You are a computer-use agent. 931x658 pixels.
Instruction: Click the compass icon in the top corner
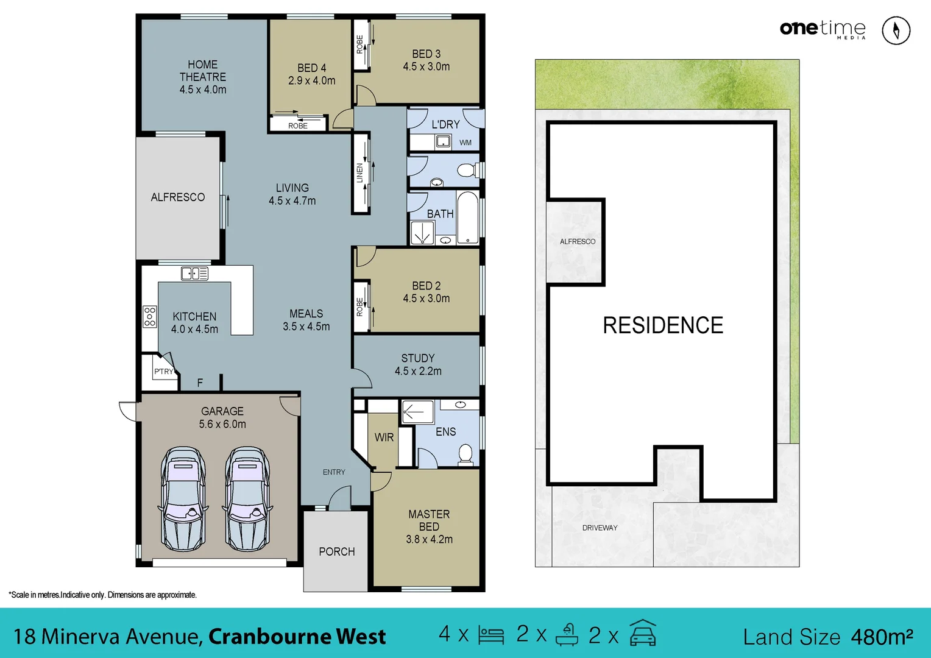(x=896, y=30)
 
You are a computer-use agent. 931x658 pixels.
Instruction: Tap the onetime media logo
(x=823, y=29)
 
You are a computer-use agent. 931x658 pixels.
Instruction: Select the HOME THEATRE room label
(x=203, y=77)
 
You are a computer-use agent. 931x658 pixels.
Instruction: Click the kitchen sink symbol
(x=194, y=274)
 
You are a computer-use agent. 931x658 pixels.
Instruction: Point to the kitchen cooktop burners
(x=149, y=317)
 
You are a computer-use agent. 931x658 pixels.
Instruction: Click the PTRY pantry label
(x=163, y=372)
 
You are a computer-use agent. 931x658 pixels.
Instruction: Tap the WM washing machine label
(x=466, y=143)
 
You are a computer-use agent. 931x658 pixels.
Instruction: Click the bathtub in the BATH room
(x=467, y=218)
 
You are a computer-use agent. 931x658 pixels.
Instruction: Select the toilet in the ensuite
(x=466, y=454)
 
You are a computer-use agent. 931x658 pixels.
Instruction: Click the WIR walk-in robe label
(x=384, y=437)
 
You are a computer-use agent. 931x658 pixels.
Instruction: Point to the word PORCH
(x=336, y=551)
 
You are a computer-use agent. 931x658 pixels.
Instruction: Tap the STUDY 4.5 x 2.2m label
(x=418, y=364)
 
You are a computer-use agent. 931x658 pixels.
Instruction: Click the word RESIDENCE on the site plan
(x=663, y=325)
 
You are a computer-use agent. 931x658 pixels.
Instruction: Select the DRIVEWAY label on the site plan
(x=600, y=528)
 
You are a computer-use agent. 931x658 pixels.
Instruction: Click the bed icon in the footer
(x=491, y=635)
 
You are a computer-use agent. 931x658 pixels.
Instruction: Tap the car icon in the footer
(x=643, y=634)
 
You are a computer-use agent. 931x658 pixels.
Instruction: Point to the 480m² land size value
(x=882, y=637)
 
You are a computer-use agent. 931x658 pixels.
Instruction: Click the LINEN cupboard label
(x=360, y=173)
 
